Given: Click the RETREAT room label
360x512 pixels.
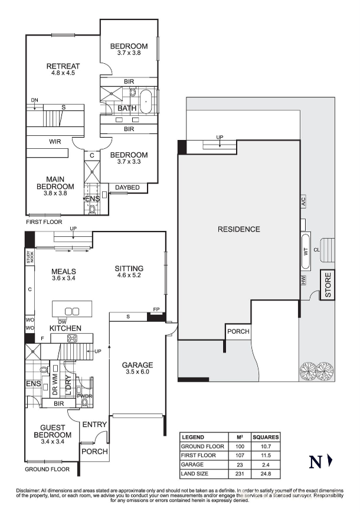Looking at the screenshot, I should (x=63, y=66).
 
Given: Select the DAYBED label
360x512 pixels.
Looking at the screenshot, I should (x=127, y=188).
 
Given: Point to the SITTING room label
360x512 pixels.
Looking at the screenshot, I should (x=129, y=269).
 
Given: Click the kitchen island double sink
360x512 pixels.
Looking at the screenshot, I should (x=71, y=311).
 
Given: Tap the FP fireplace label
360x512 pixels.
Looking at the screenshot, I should (x=156, y=309).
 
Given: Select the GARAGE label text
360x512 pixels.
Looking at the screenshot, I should (x=138, y=365).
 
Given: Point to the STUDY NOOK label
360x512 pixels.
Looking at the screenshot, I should (x=28, y=257).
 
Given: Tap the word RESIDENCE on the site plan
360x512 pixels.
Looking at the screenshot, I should (x=238, y=229).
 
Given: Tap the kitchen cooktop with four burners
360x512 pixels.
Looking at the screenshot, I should (x=73, y=338).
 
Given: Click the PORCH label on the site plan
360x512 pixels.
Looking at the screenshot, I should (x=238, y=331).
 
